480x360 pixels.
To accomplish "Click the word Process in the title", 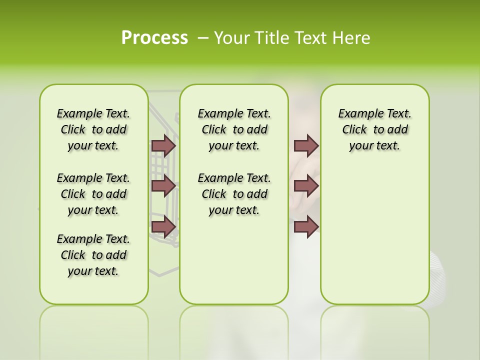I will click(x=154, y=37).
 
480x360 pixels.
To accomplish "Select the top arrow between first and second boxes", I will click(x=163, y=145).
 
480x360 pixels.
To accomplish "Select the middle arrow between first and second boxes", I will click(x=163, y=186).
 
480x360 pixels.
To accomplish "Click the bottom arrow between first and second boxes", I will click(x=163, y=226).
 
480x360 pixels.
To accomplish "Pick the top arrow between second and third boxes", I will click(x=306, y=145).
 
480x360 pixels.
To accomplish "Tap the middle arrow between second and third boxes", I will click(x=306, y=186).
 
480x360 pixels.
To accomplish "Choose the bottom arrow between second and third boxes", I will click(x=306, y=226).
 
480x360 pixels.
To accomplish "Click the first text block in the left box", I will click(x=93, y=129).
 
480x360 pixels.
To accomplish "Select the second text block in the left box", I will click(x=93, y=194).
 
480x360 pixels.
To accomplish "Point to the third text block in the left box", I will click(x=93, y=255).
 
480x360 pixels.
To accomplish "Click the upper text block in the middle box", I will click(x=234, y=129).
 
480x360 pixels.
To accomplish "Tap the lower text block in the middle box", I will click(x=234, y=194).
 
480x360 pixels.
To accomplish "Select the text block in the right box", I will click(x=374, y=129).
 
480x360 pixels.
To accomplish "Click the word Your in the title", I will click(x=232, y=37).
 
